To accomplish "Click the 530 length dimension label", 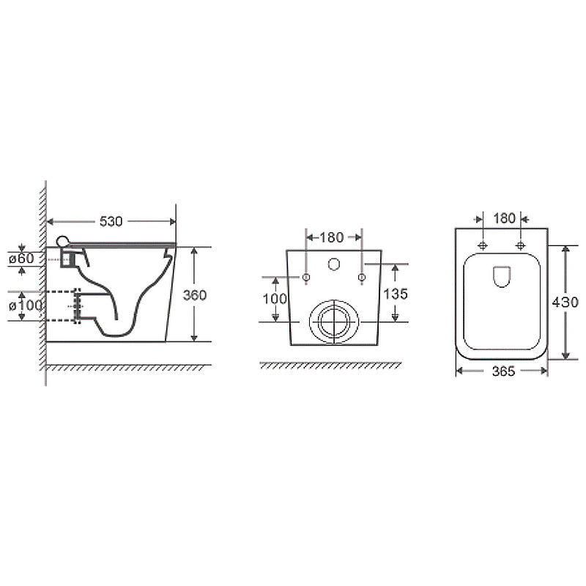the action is pos(111,222).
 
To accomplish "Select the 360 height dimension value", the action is pos(195,295).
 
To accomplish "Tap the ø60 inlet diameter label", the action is pos(22,259).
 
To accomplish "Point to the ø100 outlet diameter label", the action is pos(26,305).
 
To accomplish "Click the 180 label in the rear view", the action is pos(332,237).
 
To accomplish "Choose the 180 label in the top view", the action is pos(504,218).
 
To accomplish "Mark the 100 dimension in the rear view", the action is pos(275,299).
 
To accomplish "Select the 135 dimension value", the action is pos(396,294).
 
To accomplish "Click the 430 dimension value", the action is pos(565,302).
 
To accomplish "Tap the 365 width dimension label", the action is pos(503,371).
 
